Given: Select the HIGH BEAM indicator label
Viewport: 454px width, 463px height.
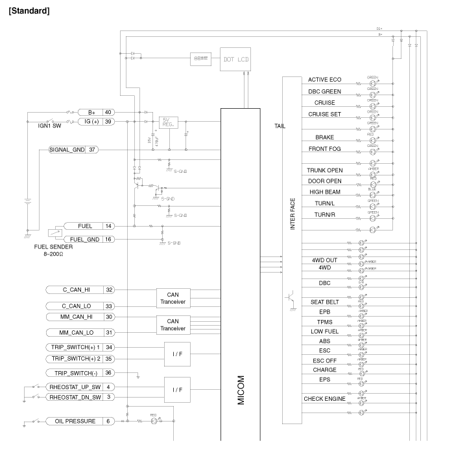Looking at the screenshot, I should [325, 192].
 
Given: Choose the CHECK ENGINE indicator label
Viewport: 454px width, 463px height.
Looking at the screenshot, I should [325, 399].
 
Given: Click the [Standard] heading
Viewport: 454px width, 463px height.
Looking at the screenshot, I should [27, 12].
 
